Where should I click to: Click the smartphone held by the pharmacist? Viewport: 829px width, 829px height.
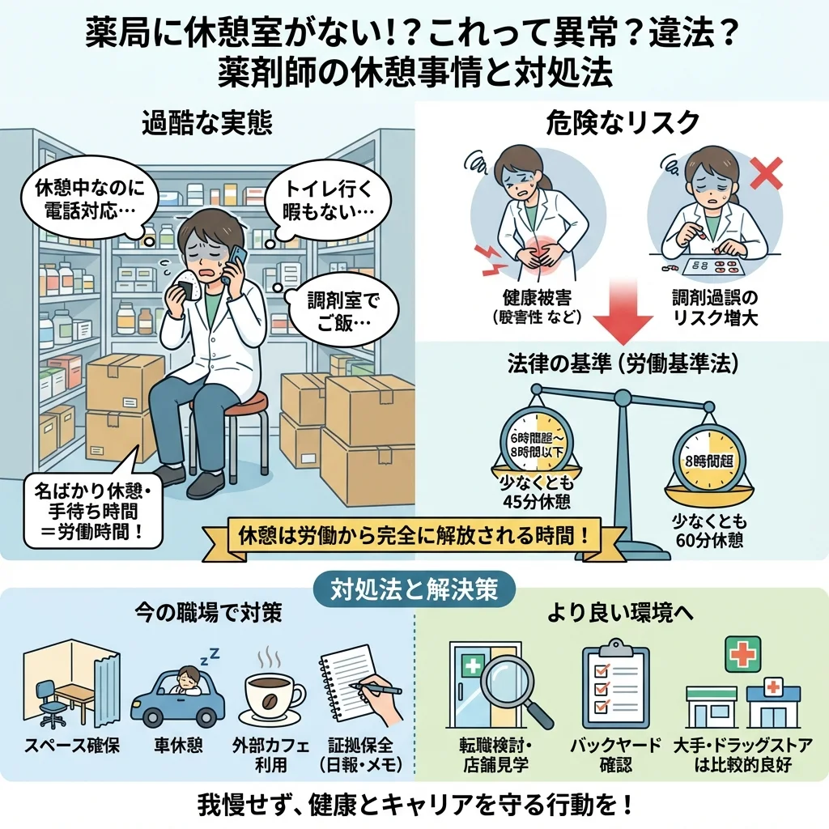(236, 264)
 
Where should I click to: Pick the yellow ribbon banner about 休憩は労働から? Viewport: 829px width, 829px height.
(413, 535)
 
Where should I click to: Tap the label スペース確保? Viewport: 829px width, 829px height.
(72, 746)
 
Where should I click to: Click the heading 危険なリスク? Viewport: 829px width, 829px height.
(623, 123)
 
